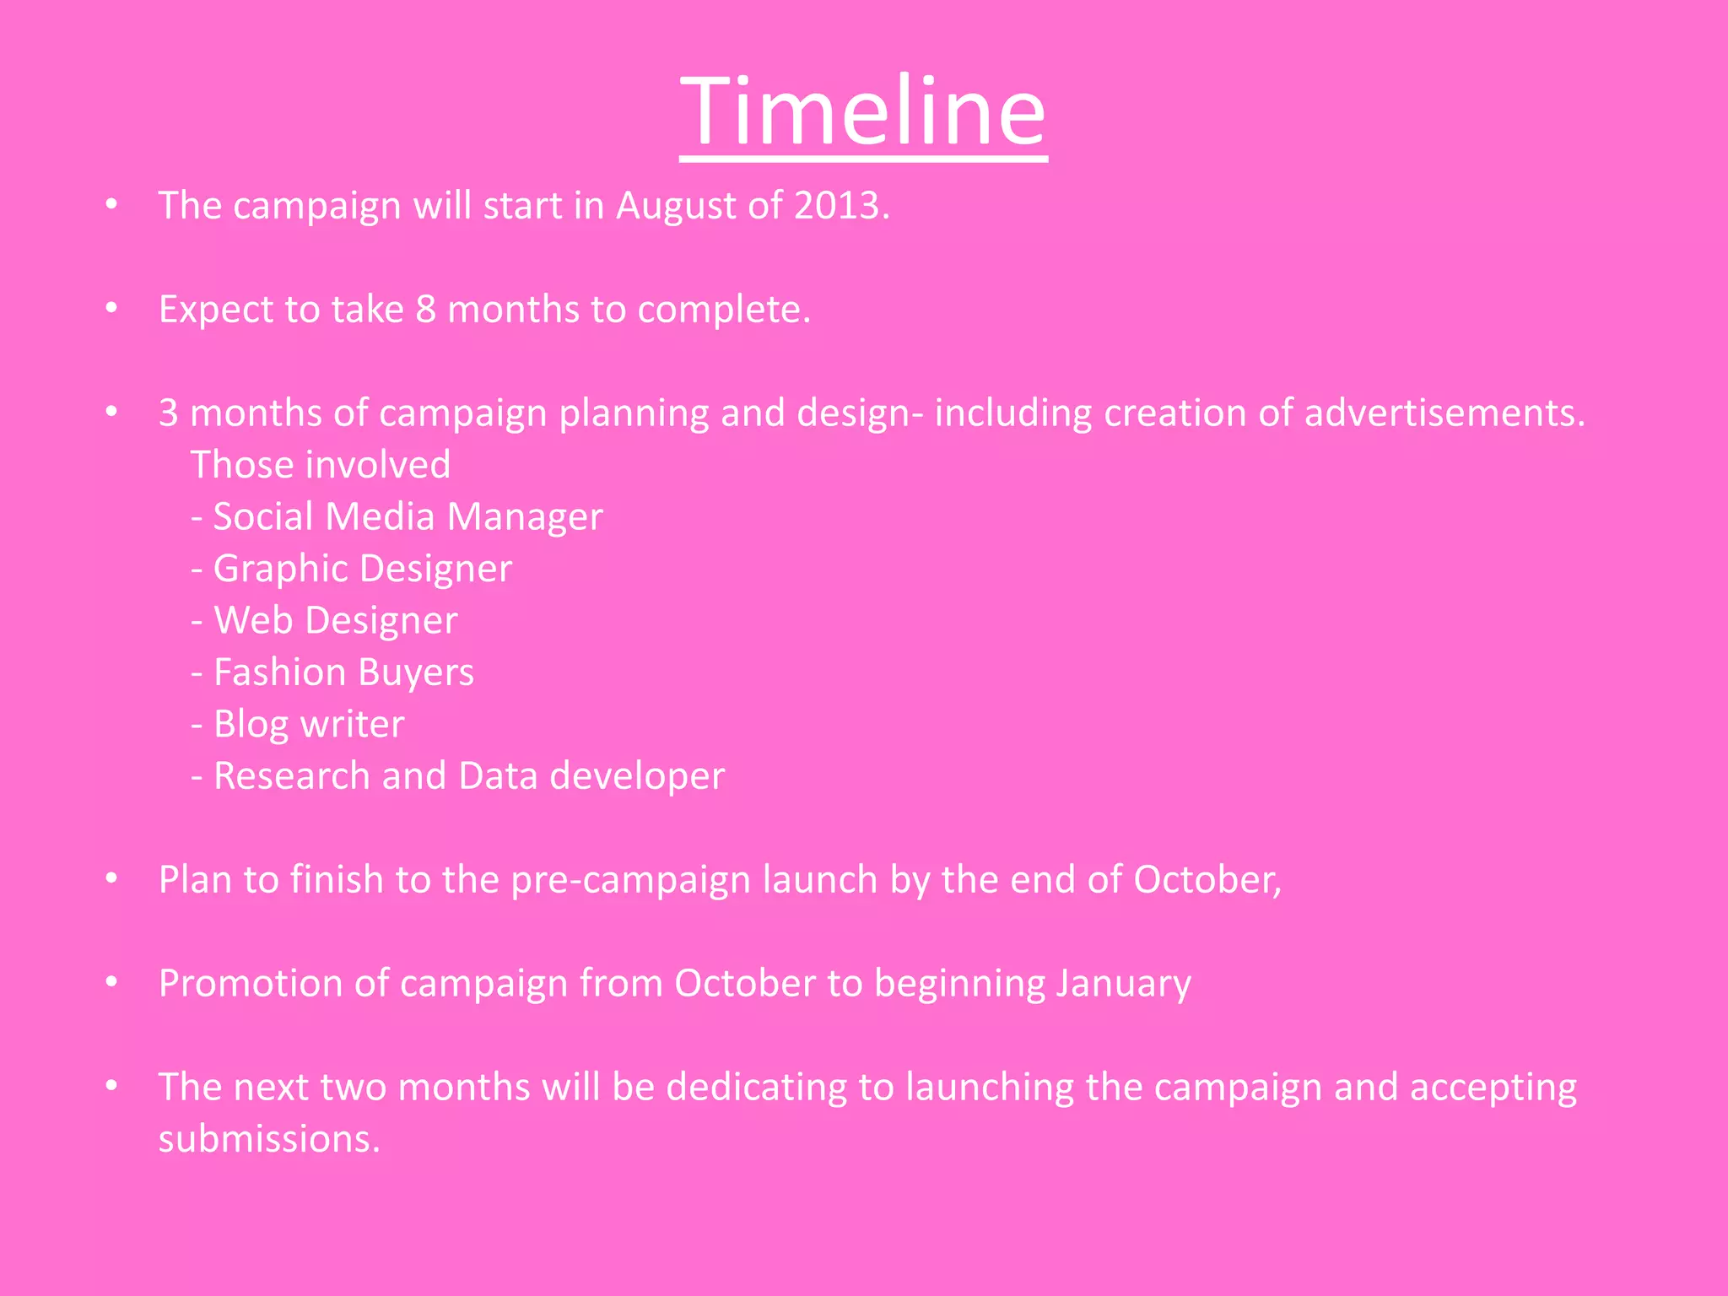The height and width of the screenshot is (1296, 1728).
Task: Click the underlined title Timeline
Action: (x=863, y=111)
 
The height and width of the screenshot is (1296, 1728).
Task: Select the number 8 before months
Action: (x=425, y=310)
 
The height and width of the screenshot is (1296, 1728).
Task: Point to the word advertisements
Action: (x=1444, y=413)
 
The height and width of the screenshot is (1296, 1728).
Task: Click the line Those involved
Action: (x=321, y=465)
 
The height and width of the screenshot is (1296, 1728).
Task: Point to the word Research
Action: (x=291, y=776)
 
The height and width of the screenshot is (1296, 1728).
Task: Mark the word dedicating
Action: (x=756, y=1088)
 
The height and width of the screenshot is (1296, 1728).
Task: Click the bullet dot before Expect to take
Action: (x=111, y=310)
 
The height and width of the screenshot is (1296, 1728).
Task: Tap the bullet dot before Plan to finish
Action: (x=111, y=880)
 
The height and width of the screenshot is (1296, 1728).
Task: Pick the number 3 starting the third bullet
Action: (x=169, y=413)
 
